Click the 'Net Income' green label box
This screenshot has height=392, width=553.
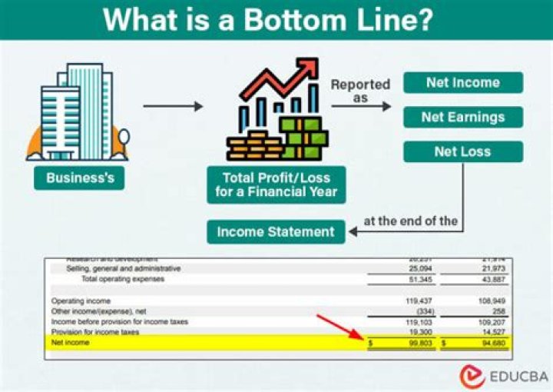pyautogui.click(x=462, y=82)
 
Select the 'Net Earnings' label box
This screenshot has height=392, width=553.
pyautogui.click(x=462, y=117)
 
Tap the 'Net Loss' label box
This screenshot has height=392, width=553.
pyautogui.click(x=462, y=151)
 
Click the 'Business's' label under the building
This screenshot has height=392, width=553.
pyautogui.click(x=80, y=178)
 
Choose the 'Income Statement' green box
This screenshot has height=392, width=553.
pyautogui.click(x=276, y=231)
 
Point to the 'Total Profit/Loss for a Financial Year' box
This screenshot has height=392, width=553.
pyautogui.click(x=276, y=184)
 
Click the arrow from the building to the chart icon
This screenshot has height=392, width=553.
pyautogui.click(x=173, y=106)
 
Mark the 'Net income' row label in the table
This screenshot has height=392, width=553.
pyautogui.click(x=70, y=342)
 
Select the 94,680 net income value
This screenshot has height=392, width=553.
pyautogui.click(x=490, y=343)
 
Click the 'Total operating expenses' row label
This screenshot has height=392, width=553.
pyautogui.click(x=122, y=279)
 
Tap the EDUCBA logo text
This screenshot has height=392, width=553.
pyautogui.click(x=518, y=376)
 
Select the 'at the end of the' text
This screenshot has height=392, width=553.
pyautogui.click(x=411, y=221)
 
